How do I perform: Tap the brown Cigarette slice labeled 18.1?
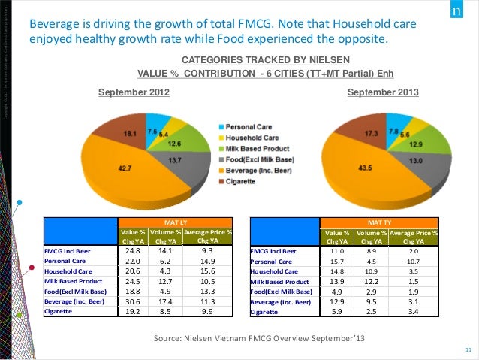(129, 133)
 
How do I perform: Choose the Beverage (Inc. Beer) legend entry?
(258, 170)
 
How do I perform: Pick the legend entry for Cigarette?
(242, 180)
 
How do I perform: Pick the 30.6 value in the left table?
(133, 301)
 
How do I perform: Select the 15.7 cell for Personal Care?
(337, 260)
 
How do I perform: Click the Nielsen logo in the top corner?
(459, 14)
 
